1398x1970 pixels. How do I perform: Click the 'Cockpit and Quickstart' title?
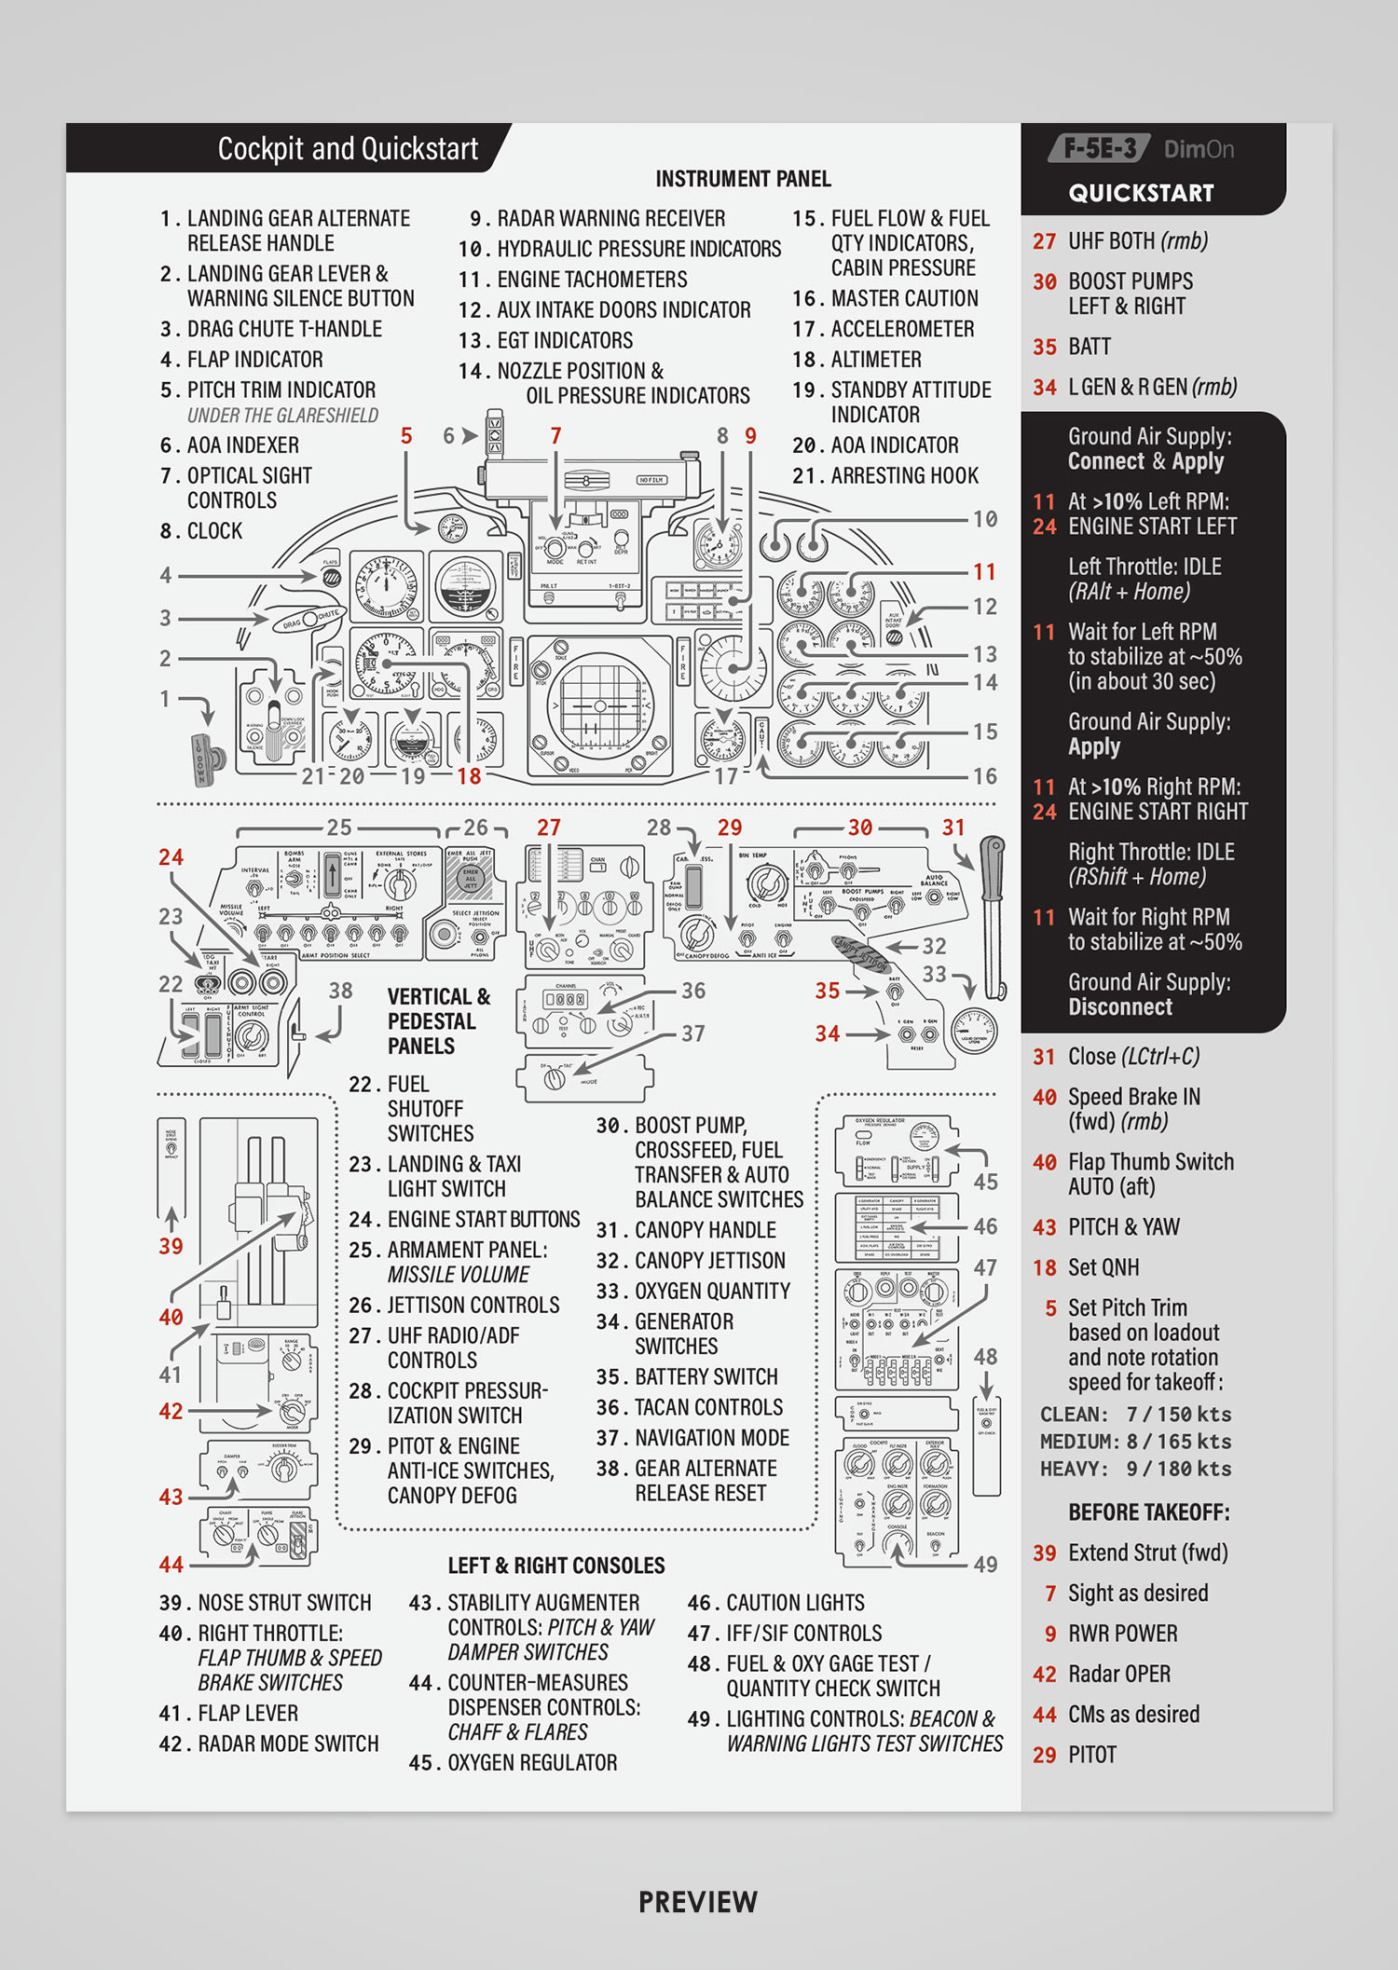347,149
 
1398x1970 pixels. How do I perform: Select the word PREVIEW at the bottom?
698,1902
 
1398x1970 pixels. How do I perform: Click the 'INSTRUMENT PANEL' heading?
743,179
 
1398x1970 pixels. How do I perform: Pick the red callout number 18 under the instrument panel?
469,776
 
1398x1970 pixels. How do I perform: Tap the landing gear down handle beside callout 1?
207,759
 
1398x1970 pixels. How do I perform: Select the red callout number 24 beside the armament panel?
171,857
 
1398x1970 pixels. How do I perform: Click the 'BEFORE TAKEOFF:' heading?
1148,1512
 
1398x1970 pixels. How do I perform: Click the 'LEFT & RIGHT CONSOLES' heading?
556,1566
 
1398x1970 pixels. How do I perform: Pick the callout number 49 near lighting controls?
985,1565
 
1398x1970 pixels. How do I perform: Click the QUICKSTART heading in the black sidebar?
1141,194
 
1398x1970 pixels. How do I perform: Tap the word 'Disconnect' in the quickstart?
1120,1007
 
